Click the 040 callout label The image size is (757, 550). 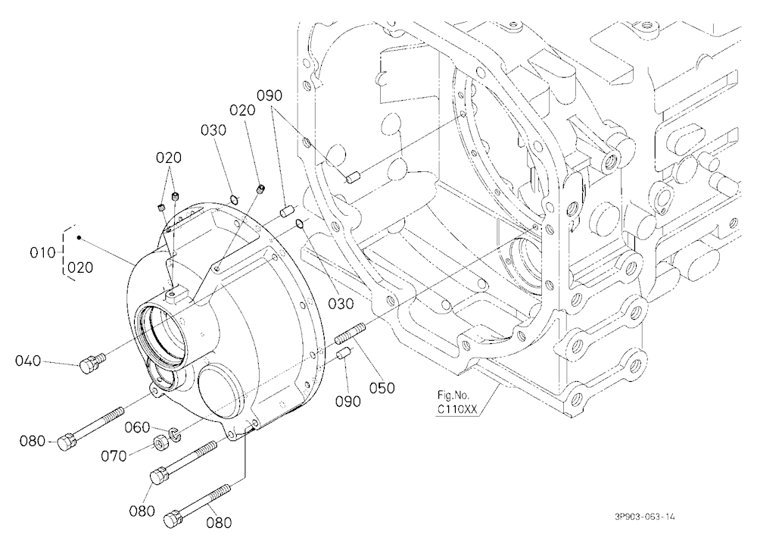tap(28, 361)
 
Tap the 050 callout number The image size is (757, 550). tap(382, 388)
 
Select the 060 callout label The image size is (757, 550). tap(138, 427)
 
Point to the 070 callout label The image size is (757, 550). tap(114, 456)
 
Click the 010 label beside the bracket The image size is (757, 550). tap(42, 252)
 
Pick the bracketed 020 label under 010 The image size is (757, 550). tap(80, 267)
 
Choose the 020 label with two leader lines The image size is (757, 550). tap(169, 158)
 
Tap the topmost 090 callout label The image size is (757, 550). tap(269, 95)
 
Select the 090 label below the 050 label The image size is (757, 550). tap(348, 402)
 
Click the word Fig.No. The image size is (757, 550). tap(453, 395)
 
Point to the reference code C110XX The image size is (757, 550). tap(457, 410)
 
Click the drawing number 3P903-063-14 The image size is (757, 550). tap(645, 517)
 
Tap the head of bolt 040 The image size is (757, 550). tap(87, 366)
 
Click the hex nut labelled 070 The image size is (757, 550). tap(160, 442)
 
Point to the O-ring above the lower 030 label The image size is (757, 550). tap(300, 223)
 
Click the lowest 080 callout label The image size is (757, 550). tap(219, 523)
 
